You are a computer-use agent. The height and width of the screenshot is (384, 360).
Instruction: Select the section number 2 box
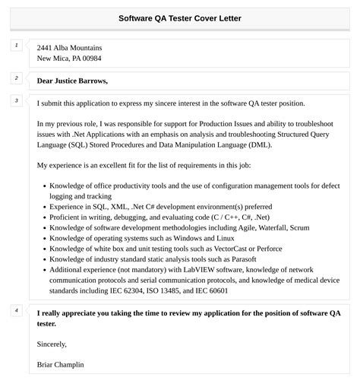click(x=17, y=78)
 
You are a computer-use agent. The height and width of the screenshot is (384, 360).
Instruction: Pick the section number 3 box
click(x=17, y=101)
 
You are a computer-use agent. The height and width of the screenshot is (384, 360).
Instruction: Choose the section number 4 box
click(x=17, y=311)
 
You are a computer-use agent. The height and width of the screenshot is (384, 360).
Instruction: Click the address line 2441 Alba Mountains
click(x=69, y=47)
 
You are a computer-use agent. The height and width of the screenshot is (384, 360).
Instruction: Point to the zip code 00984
click(x=92, y=59)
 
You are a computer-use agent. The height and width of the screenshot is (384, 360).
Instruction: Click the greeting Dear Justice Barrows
click(x=72, y=81)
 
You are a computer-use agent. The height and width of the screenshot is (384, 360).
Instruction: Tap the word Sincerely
click(x=52, y=344)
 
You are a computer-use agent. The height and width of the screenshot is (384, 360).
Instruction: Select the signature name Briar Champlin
click(x=61, y=364)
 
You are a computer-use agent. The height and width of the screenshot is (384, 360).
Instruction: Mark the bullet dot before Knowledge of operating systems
click(x=43, y=238)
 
